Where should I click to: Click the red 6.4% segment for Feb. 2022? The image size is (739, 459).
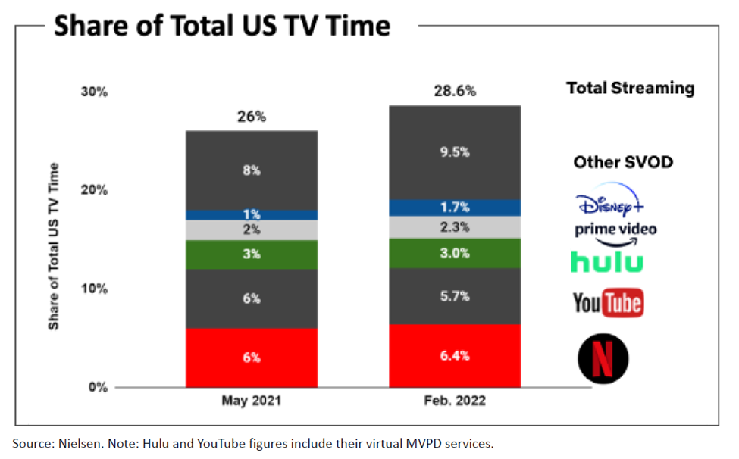[455, 356]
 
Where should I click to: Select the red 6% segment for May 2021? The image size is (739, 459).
[252, 358]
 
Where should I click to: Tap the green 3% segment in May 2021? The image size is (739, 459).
[252, 254]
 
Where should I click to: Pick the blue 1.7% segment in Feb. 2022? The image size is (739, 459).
[455, 208]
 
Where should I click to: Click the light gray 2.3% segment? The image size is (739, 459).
[455, 226]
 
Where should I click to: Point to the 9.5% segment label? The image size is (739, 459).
[455, 151]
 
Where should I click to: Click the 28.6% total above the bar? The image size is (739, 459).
[455, 92]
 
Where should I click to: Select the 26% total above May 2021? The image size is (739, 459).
[252, 117]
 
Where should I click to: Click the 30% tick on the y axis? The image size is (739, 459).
[95, 92]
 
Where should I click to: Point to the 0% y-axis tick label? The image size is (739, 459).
[99, 387]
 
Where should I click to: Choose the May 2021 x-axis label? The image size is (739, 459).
[252, 401]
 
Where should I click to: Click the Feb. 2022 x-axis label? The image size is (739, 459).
[455, 401]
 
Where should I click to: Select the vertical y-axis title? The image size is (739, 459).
[55, 246]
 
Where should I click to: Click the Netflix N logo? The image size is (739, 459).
[603, 358]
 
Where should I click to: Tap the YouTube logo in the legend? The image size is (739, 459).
[608, 304]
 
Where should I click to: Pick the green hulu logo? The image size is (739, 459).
[607, 262]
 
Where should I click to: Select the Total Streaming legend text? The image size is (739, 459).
[630, 88]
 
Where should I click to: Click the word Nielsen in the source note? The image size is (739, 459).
[80, 442]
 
